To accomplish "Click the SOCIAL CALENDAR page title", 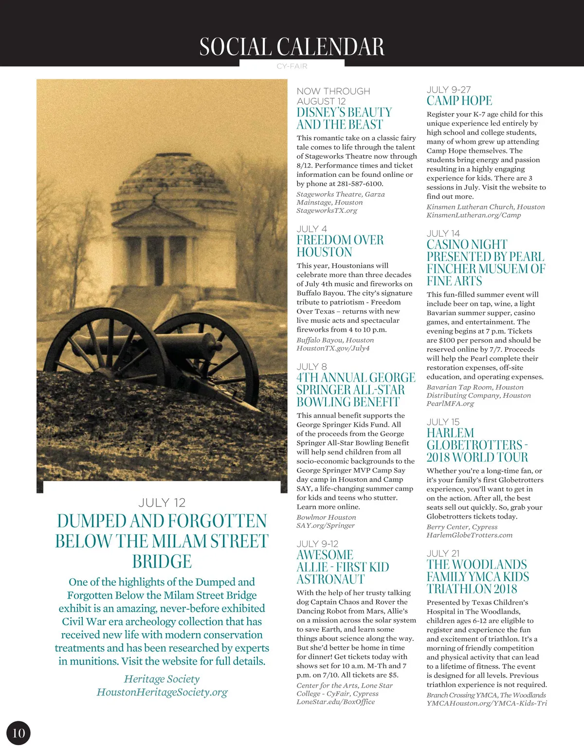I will tap(292, 47).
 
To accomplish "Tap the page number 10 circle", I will tap(18, 733).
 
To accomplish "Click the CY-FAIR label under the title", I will tap(292, 66).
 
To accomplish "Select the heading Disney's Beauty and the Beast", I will tap(344, 118).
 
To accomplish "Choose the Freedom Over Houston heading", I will tap(340, 246).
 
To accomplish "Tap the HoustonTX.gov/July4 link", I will tap(333, 348).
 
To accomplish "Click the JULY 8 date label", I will tap(311, 366).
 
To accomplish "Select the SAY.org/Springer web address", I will tap(326, 525).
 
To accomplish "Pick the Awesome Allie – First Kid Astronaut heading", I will tap(343, 567).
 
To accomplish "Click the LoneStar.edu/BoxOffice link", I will tap(336, 702).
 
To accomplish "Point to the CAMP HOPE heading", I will tap(459, 101).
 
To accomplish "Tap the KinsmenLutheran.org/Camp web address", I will tap(474, 215).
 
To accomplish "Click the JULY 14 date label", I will tap(443, 233).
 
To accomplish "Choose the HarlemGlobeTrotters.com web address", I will tap(469, 535).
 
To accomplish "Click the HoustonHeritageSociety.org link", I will tap(162, 692).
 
